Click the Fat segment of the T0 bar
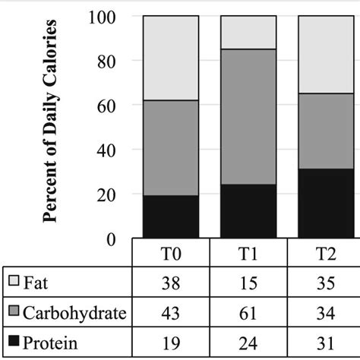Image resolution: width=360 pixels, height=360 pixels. pyautogui.click(x=171, y=58)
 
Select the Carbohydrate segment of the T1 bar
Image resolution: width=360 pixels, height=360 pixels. pyautogui.click(x=248, y=117)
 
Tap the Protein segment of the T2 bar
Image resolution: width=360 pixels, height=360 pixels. pyautogui.click(x=325, y=204)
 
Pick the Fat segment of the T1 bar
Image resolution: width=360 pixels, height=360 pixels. pyautogui.click(x=248, y=32)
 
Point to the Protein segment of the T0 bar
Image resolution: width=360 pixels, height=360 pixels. pyautogui.click(x=171, y=217)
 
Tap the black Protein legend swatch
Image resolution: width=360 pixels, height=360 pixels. pyautogui.click(x=14, y=343)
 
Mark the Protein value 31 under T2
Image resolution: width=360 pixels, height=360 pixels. pyautogui.click(x=325, y=343)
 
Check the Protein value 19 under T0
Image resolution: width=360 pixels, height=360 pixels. pyautogui.click(x=171, y=343)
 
